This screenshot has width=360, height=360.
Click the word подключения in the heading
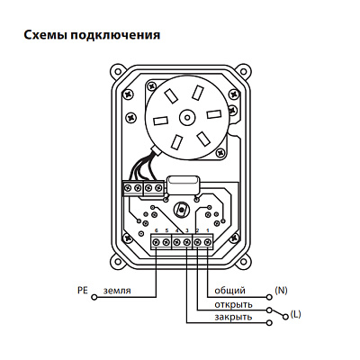coord(115,35)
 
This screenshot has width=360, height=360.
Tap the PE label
coord(82,290)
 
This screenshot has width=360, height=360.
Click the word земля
coord(117,291)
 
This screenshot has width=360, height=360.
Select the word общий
coord(229,291)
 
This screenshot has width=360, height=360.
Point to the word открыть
coord(233,305)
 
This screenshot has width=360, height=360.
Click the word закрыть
coord(233,317)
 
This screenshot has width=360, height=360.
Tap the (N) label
coord(281,290)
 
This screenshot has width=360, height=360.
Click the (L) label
coord(295,314)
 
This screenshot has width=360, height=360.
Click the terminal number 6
coord(157,230)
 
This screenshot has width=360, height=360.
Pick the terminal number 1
coord(207,230)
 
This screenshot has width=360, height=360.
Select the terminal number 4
coord(176,230)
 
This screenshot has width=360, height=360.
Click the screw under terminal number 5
coord(166,242)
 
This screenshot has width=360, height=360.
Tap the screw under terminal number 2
coord(197,242)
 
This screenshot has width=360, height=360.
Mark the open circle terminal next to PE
coord(94,297)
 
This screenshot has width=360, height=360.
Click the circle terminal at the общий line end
coord(269,297)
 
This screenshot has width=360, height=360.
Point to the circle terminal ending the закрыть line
coord(269,323)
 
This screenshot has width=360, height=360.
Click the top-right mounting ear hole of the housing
coord(245,71)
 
